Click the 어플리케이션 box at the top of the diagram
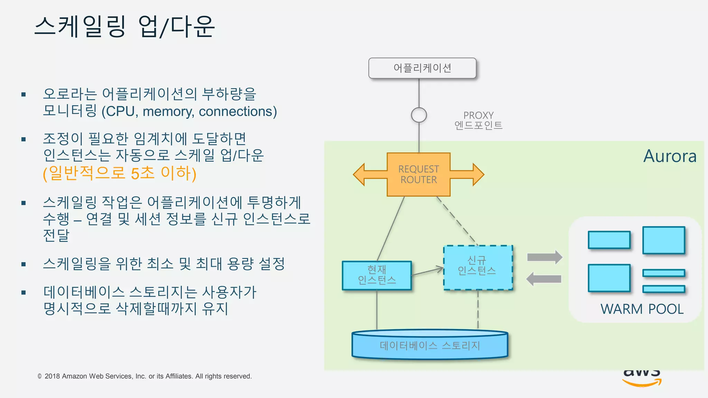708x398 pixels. [x=422, y=68]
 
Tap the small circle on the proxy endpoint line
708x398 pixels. [x=419, y=115]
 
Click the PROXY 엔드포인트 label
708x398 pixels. [x=478, y=120]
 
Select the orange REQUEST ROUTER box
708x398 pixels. [x=418, y=174]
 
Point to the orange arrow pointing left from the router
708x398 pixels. [x=369, y=174]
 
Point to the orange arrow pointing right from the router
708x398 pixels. [x=468, y=174]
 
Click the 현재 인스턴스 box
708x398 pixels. [x=376, y=275]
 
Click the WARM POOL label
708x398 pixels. [x=642, y=309]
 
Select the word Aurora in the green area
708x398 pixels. [x=670, y=156]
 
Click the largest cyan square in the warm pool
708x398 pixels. [x=663, y=240]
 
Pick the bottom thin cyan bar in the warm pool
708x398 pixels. [x=663, y=289]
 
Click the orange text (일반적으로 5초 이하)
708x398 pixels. [x=119, y=173]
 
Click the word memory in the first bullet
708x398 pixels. [x=168, y=112]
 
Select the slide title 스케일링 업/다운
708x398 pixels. [x=124, y=27]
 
